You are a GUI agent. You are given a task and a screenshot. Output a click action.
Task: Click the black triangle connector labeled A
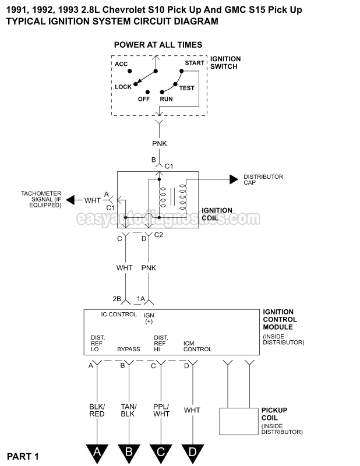pos(97,451)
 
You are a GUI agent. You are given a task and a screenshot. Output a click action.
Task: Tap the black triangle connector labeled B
pos(129,451)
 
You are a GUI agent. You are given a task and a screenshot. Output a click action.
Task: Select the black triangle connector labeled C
pos(161,451)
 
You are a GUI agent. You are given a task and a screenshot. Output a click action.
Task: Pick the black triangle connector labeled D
pos(192,451)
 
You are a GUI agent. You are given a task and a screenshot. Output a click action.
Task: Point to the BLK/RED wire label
pos(97,409)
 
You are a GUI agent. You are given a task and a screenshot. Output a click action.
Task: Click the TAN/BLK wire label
pos(129,409)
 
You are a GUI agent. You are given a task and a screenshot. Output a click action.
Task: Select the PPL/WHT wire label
pos(161,409)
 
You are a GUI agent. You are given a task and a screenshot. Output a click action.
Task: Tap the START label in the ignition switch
pos(195,63)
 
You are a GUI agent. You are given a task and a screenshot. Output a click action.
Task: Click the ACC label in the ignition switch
pos(121,64)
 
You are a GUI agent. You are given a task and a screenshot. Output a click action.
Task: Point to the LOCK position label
pos(123,87)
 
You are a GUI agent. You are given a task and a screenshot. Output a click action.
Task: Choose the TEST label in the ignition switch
pos(186,88)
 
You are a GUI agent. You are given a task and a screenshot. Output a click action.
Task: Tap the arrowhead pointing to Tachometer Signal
pos(70,200)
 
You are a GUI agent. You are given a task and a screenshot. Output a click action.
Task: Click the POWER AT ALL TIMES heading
pos(158,45)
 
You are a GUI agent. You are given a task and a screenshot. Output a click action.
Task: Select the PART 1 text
pos(23,456)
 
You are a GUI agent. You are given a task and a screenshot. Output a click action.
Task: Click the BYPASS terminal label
pos(129,349)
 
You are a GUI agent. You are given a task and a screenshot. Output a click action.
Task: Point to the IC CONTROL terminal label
pos(119,315)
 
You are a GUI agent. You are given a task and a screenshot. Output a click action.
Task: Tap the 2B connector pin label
pos(117,299)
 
